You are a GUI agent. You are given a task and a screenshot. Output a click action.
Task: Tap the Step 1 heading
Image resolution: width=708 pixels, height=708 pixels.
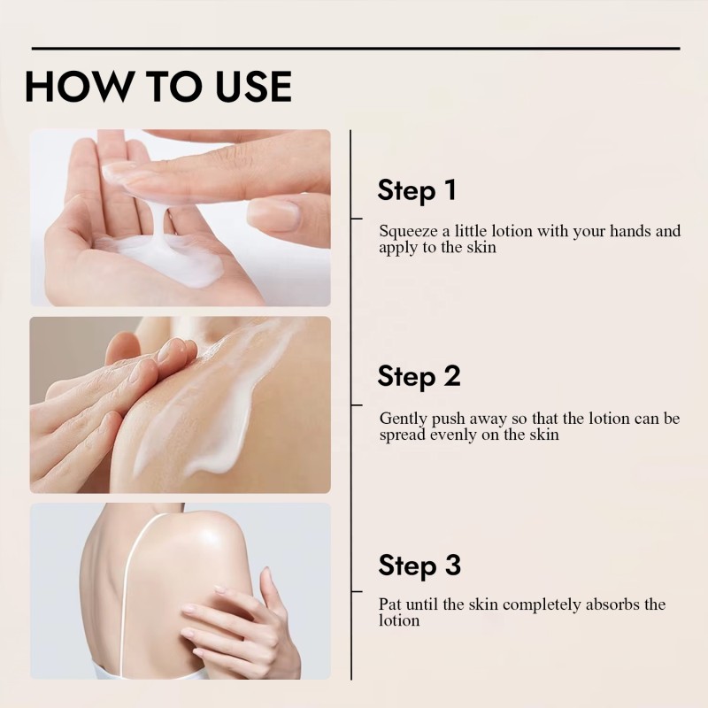pyautogui.click(x=416, y=190)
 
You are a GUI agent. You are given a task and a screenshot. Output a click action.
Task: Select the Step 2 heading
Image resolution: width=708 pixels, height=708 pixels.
pyautogui.click(x=419, y=377)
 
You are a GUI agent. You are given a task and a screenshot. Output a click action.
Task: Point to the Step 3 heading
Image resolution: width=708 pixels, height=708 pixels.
pyautogui.click(x=419, y=566)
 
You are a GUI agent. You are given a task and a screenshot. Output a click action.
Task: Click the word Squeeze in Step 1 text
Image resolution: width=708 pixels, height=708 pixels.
pyautogui.click(x=408, y=232)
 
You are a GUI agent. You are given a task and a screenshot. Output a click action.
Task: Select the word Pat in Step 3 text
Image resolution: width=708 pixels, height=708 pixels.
pyautogui.click(x=390, y=604)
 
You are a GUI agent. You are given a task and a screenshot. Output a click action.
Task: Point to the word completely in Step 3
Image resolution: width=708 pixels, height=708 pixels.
pyautogui.click(x=542, y=605)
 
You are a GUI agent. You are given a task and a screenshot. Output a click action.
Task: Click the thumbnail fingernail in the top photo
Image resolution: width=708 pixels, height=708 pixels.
pyautogui.click(x=273, y=213)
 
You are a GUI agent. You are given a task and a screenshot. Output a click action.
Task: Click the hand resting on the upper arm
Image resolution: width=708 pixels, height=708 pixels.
pyautogui.click(x=239, y=627)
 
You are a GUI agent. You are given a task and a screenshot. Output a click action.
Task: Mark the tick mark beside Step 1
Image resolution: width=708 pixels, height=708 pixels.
pyautogui.click(x=357, y=219)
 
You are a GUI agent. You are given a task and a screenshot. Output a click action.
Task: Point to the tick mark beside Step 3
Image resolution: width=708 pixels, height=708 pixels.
pyautogui.click(x=357, y=591)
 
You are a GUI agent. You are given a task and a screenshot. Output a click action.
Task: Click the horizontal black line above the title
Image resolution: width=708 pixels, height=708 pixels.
pyautogui.click(x=356, y=48)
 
